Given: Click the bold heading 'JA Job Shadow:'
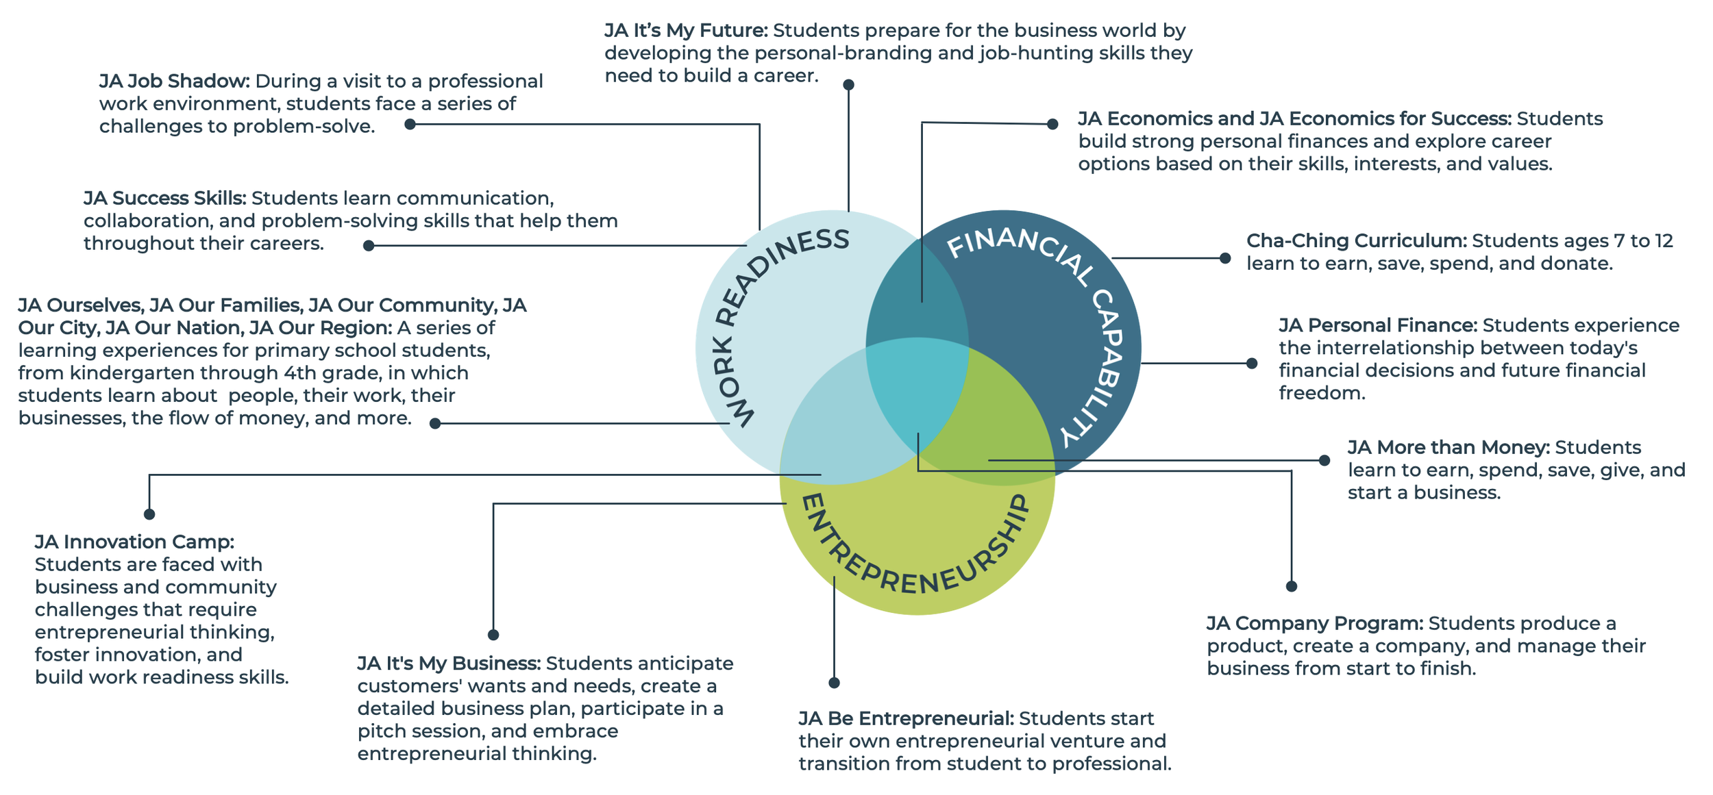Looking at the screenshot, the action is pyautogui.click(x=174, y=81).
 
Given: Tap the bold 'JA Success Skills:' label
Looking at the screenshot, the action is pyautogui.click(x=164, y=199).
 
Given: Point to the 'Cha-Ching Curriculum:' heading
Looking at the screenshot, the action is pyautogui.click(x=1356, y=241).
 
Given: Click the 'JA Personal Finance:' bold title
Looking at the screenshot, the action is pyautogui.click(x=1377, y=325).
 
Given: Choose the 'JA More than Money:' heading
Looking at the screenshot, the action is pyautogui.click(x=1448, y=447).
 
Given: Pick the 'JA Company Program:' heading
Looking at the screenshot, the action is pyautogui.click(x=1314, y=623).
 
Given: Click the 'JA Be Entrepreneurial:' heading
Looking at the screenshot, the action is pyautogui.click(x=905, y=718).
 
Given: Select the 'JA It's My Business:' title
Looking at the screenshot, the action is pyautogui.click(x=449, y=664).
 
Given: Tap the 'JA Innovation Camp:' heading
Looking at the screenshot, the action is pyautogui.click(x=134, y=542).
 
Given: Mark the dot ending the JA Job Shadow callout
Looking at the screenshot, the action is pyautogui.click(x=410, y=125).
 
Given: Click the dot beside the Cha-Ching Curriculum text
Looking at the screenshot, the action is pyautogui.click(x=1225, y=258).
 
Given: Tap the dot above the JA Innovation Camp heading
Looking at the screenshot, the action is pyautogui.click(x=149, y=514).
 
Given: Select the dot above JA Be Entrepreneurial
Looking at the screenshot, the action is pyautogui.click(x=834, y=683).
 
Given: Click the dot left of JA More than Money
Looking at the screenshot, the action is pyautogui.click(x=1324, y=460).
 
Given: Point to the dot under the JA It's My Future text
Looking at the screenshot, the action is pyautogui.click(x=848, y=85).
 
